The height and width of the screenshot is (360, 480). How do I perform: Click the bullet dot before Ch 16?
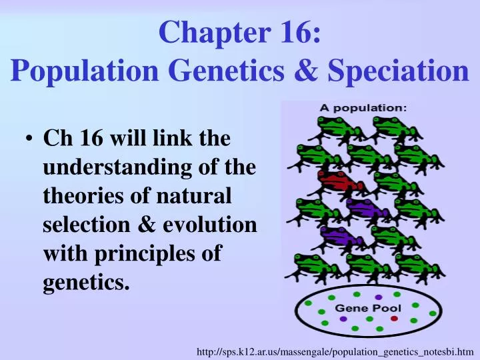(x=30, y=141)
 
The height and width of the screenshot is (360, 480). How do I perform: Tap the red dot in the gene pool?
(x=394, y=319)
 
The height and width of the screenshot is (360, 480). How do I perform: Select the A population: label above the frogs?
(x=363, y=107)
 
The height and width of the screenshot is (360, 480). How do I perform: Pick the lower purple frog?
(x=340, y=235)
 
